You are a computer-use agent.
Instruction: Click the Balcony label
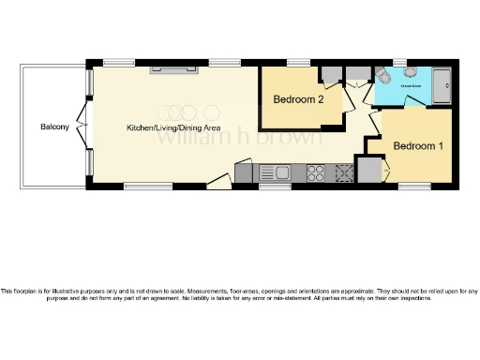click(x=54, y=127)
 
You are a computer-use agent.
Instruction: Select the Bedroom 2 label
click(x=298, y=99)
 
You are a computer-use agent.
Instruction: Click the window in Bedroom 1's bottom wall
click(x=412, y=186)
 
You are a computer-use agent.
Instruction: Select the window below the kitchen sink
click(x=272, y=186)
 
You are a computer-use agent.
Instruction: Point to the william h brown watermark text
click(x=196, y=136)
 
